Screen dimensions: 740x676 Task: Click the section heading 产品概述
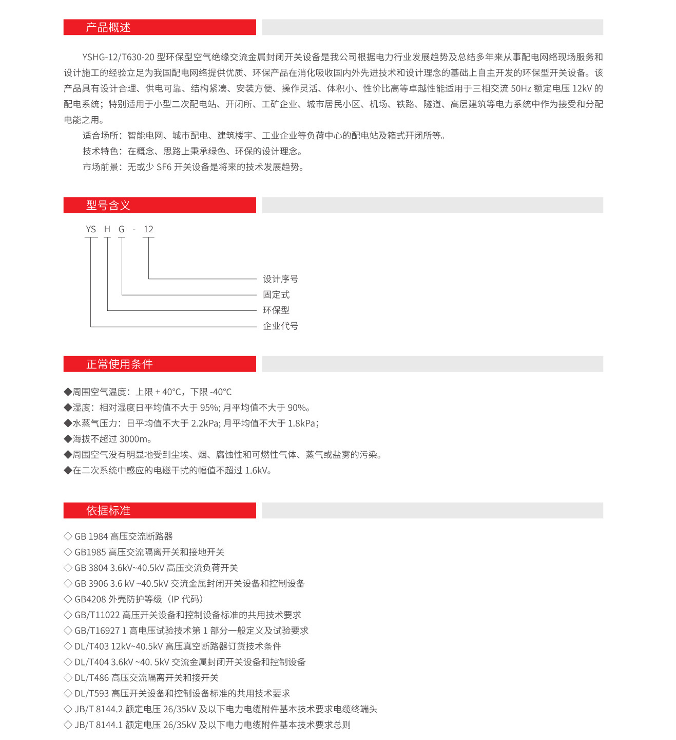108,28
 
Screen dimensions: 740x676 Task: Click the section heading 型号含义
108,206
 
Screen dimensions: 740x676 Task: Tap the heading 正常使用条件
119,364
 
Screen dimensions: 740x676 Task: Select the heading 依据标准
108,511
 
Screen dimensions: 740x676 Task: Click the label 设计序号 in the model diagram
280,279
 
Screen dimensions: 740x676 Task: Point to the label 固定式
276,294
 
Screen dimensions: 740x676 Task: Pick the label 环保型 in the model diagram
276,310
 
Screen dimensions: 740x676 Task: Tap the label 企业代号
280,326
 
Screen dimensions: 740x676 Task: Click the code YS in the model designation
91,229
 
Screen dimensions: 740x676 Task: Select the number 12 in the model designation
148,229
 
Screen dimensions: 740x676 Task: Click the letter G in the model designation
122,229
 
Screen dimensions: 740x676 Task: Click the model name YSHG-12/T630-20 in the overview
118,57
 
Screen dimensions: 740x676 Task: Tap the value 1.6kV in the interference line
256,470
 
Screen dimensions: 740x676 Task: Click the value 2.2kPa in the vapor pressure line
205,423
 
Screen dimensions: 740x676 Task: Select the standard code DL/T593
91,693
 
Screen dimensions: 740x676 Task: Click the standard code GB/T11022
97,615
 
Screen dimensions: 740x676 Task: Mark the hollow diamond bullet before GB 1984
68,536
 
